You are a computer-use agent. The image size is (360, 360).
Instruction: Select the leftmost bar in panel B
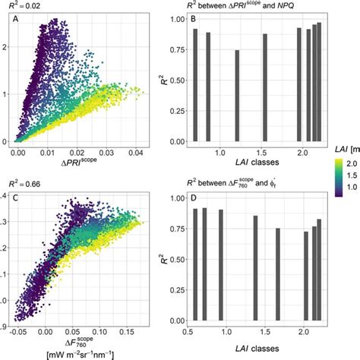(x=195, y=85)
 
